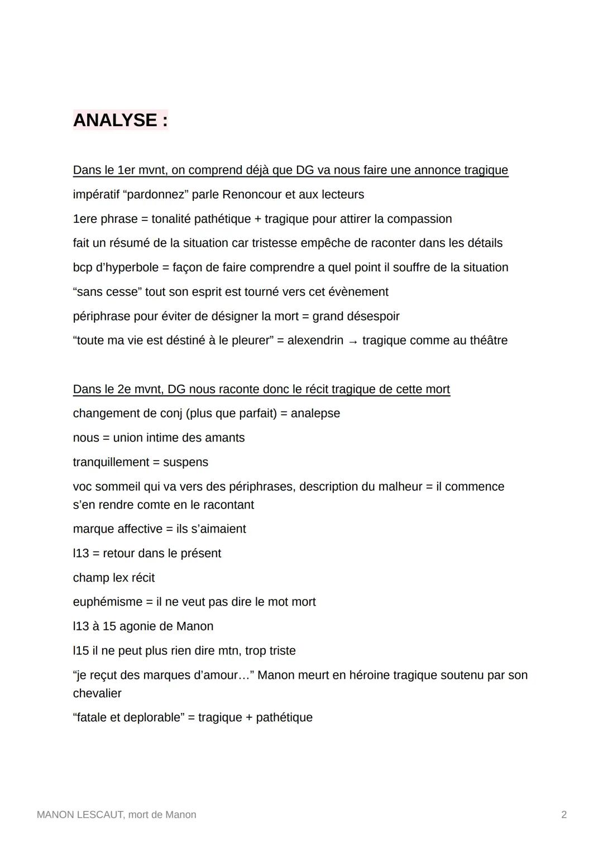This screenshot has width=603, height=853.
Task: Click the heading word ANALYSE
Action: (x=115, y=120)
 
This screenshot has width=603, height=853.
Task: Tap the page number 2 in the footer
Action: (x=563, y=814)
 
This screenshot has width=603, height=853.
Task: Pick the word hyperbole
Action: (x=132, y=267)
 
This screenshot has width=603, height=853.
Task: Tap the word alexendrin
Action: (x=315, y=341)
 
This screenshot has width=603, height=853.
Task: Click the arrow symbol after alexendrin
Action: (x=352, y=341)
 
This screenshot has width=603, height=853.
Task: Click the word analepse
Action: (x=315, y=414)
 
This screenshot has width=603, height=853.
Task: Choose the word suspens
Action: (x=185, y=462)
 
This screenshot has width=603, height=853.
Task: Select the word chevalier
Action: (x=97, y=693)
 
